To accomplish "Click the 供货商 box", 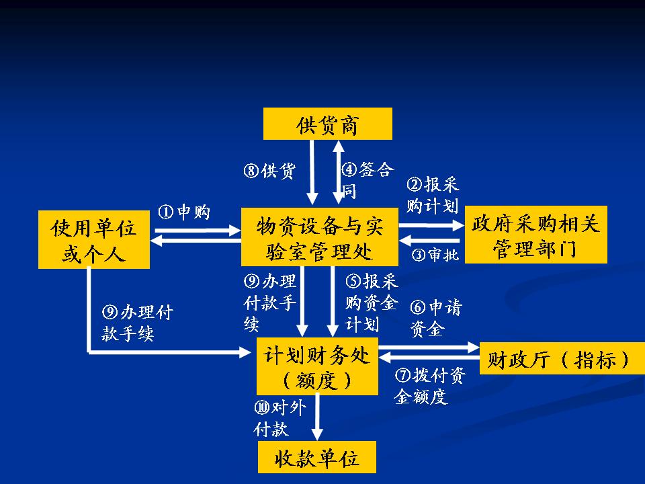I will click(327, 124).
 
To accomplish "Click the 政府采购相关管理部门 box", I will click(535, 235).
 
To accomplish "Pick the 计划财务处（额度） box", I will click(317, 366).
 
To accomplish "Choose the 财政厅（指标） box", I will click(558, 359).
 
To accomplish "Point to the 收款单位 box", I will click(317, 458).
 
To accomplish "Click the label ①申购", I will click(184, 212).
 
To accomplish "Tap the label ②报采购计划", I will click(433, 196).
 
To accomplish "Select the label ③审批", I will click(435, 255).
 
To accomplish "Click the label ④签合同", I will click(367, 179).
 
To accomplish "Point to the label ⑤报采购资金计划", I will click(371, 302).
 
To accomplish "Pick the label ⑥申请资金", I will click(436, 318).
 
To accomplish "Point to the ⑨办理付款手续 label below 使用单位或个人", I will click(137, 323).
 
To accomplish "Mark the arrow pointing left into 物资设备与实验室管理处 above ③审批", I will click(430, 241).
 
